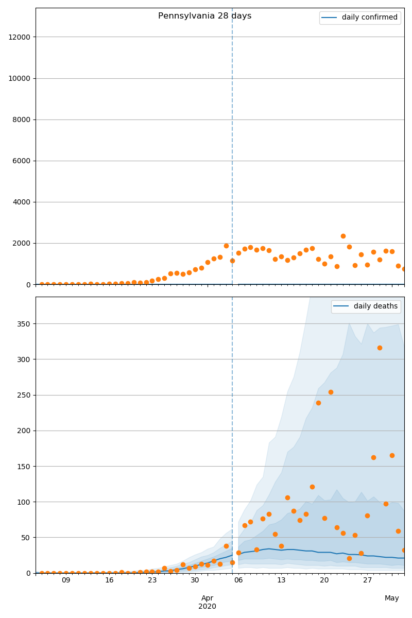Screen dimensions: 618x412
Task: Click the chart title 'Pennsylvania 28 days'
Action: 204,16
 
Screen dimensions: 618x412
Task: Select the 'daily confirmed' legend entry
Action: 369,18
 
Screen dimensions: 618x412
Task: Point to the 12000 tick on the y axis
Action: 19,37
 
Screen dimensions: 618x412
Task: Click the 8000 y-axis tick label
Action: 21,119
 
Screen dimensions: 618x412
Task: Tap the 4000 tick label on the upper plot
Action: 21,202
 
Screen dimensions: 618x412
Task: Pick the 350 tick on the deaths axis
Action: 24,324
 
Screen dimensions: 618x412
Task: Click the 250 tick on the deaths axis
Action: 24,395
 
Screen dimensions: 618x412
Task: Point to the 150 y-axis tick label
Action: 24,466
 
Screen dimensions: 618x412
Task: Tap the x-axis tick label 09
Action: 66,580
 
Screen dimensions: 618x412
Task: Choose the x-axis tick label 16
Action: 109,580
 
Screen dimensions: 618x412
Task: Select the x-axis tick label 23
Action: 152,580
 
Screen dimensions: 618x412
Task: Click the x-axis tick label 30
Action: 195,580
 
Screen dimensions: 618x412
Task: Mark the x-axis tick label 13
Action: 281,580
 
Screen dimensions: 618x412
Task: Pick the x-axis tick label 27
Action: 367,580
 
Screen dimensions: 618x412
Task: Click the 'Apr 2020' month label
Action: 207,602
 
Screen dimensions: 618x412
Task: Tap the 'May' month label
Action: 392,598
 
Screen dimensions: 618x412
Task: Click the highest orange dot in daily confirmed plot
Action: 343,236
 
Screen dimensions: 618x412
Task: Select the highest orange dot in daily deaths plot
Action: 380,348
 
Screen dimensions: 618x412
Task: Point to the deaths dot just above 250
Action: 331,392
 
